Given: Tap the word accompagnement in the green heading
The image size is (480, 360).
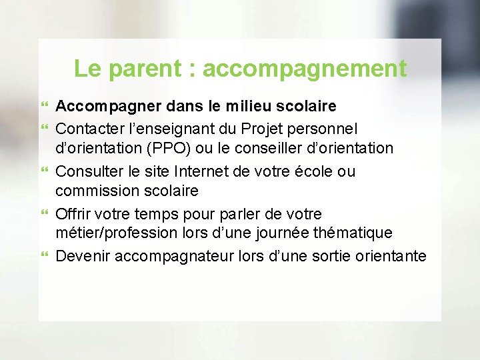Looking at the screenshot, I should [x=304, y=69].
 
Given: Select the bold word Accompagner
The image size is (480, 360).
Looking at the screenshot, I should [x=101, y=106].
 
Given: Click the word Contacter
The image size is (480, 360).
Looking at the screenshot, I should [x=87, y=127].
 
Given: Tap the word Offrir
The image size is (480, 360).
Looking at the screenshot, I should [x=75, y=214].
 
